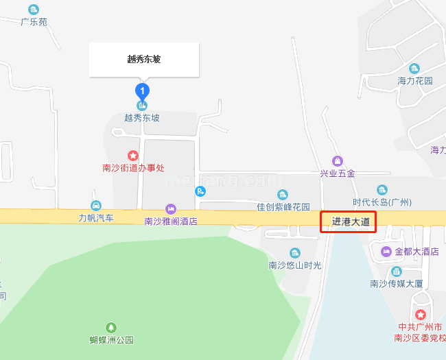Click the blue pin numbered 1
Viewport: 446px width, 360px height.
(x=142, y=90)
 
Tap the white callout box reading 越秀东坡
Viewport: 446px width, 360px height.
(x=144, y=60)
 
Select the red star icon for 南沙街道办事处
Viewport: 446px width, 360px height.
(x=133, y=156)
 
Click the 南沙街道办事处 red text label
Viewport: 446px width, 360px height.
(x=133, y=168)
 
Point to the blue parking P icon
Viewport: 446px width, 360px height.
(x=200, y=191)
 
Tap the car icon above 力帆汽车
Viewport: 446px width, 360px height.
(x=96, y=206)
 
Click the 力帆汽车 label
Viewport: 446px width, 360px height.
(x=95, y=218)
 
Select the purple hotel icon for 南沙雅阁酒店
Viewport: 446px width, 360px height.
(x=171, y=209)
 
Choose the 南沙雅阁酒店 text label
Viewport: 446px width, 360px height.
(x=171, y=221)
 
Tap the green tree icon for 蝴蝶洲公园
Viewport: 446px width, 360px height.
(x=111, y=328)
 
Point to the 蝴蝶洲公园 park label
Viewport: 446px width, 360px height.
(x=111, y=339)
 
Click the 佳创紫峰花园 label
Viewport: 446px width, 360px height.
(x=283, y=206)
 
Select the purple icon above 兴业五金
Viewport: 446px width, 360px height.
(x=337, y=161)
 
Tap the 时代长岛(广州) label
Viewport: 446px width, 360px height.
(x=382, y=202)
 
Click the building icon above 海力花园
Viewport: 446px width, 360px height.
(x=414, y=69)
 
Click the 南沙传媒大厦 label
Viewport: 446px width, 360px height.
(x=396, y=284)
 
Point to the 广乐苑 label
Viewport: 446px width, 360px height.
(x=34, y=22)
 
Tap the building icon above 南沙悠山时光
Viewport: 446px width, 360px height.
(x=294, y=253)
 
